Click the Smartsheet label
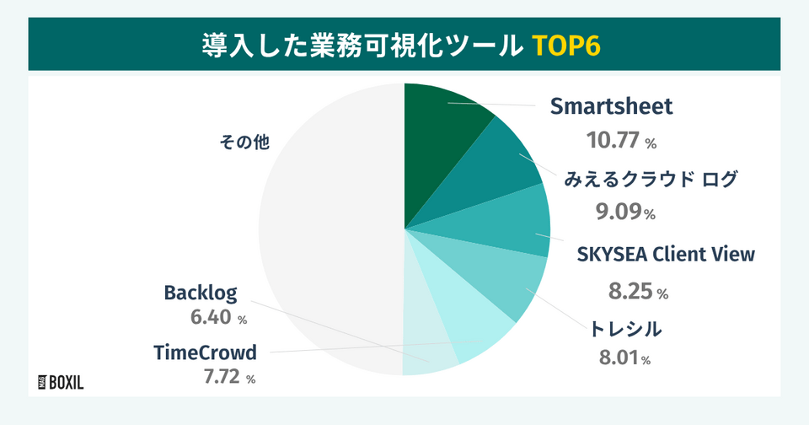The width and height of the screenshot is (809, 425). [x=611, y=106]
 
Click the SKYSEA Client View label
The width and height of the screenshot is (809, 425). [x=666, y=254]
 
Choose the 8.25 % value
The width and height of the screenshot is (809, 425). [x=638, y=292]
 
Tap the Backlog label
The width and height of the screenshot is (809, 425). [x=201, y=293]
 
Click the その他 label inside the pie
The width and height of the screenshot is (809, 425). [x=244, y=142]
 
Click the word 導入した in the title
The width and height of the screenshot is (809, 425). [x=258, y=45]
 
